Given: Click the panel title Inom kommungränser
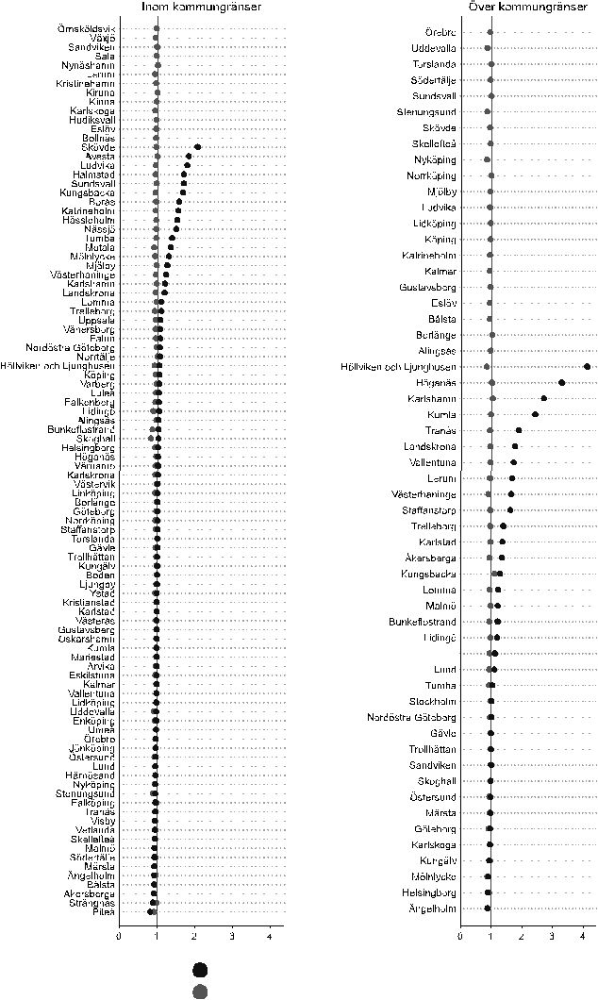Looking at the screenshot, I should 202,8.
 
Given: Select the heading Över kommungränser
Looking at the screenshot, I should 524,8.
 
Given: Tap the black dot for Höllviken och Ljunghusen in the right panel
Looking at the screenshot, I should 587,366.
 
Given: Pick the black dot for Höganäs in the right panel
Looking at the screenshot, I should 561,382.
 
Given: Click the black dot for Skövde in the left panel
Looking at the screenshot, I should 197,147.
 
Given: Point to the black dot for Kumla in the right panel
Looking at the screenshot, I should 535,414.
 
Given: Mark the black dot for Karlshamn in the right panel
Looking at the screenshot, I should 543,398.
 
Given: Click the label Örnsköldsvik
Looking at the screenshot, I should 86,29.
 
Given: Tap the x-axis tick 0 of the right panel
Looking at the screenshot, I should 460,935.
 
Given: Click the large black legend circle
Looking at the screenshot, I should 199,970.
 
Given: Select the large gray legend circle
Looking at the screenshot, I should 199,991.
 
